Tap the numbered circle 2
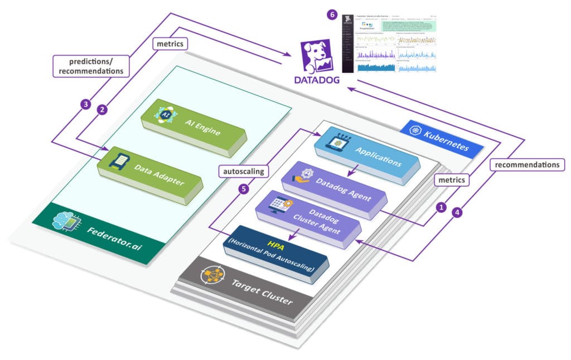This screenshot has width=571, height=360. tap(101, 110)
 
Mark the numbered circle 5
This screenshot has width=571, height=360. tap(243, 189)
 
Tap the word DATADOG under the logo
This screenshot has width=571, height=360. tap(317, 81)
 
